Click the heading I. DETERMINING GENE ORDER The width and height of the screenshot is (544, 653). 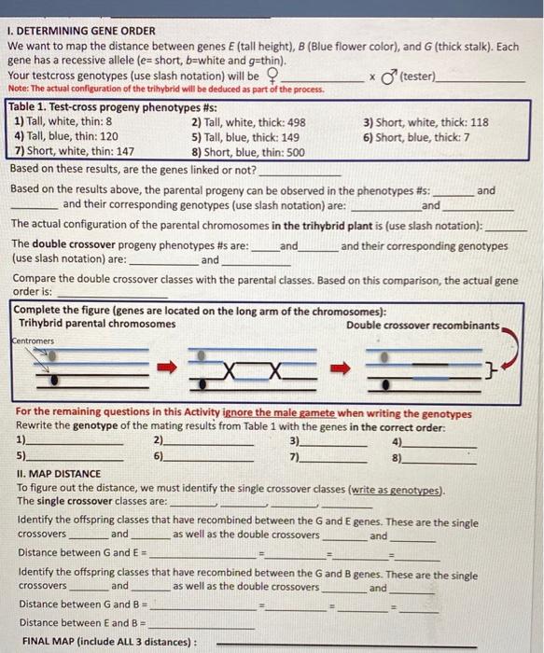click(x=81, y=31)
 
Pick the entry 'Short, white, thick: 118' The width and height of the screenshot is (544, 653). click(x=425, y=122)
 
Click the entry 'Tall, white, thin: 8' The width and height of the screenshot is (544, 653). click(x=64, y=122)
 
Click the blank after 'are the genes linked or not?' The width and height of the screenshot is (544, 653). click(x=300, y=173)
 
